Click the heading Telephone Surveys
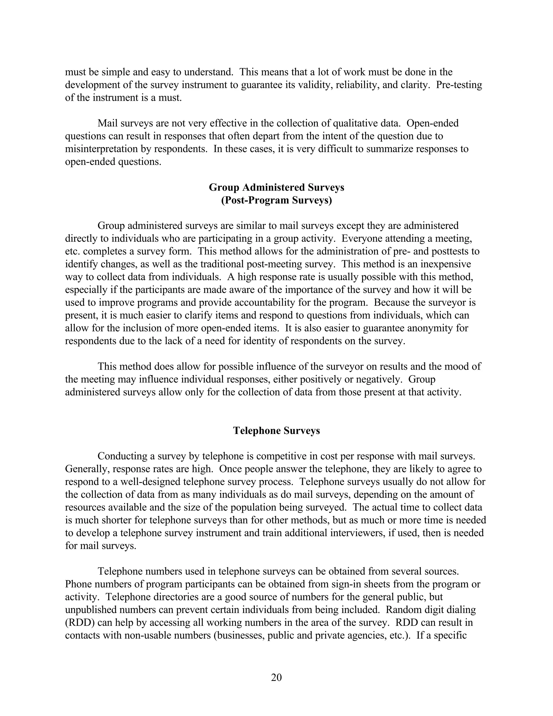[276, 430]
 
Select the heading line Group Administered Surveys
[276, 187]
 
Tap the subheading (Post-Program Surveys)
[276, 200]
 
